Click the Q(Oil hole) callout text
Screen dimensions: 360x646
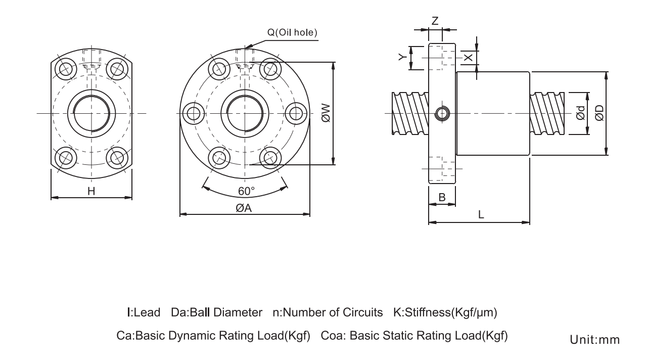click(x=292, y=33)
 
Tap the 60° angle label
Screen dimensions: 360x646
click(x=246, y=191)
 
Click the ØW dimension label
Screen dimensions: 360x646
click(x=325, y=113)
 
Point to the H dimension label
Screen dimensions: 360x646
click(x=91, y=191)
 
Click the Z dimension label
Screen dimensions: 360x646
click(x=435, y=21)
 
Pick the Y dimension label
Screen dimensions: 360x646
click(x=402, y=58)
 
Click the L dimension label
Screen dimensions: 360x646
click(x=481, y=214)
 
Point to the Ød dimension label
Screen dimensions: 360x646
click(x=581, y=114)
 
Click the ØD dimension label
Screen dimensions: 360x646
click(x=599, y=114)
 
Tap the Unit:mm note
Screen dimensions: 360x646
click(x=594, y=340)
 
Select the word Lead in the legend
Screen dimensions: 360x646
click(x=147, y=312)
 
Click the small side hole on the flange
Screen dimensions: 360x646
click(x=442, y=114)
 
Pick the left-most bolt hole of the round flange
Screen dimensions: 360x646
click(x=194, y=113)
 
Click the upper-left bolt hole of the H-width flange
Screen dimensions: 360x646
click(x=65, y=68)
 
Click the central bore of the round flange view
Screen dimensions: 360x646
click(x=244, y=113)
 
